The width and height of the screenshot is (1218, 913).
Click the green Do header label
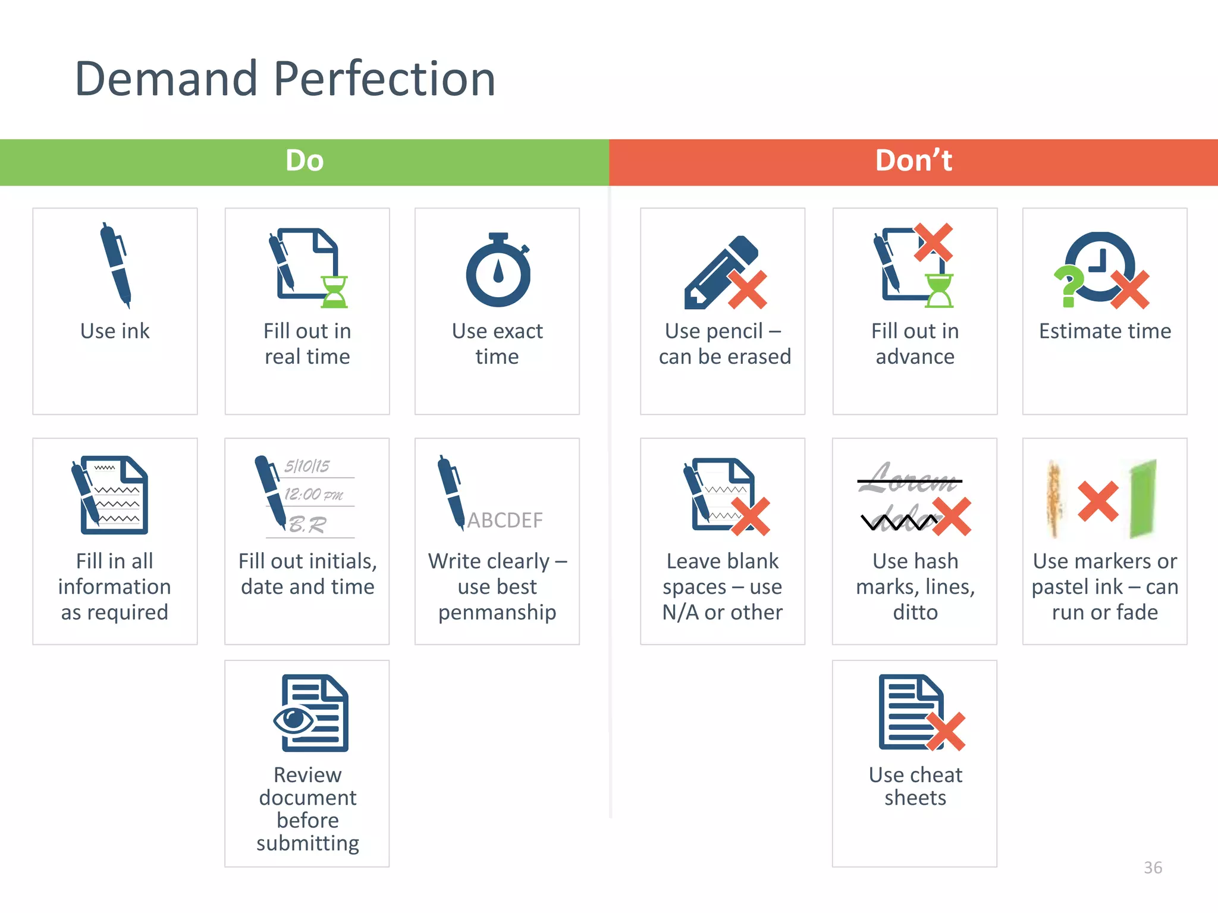coord(304,160)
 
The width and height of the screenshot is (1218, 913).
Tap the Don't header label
coord(913,160)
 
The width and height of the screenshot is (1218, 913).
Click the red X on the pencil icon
coord(748,290)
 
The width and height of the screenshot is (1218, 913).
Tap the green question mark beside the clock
coord(1069,286)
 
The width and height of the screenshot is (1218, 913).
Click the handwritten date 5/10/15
coord(307,466)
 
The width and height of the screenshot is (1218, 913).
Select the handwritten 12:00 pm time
coord(313,494)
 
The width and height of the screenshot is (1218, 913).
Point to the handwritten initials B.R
coord(307,524)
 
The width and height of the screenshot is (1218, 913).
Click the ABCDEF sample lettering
coord(505,521)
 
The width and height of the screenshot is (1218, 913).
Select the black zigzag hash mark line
coord(898,522)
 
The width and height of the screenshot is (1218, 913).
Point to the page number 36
coord(1153,868)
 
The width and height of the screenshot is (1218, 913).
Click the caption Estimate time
coord(1105,331)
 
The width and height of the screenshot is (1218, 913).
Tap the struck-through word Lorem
coord(909,479)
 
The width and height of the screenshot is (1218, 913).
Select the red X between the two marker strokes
coord(1098,501)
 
